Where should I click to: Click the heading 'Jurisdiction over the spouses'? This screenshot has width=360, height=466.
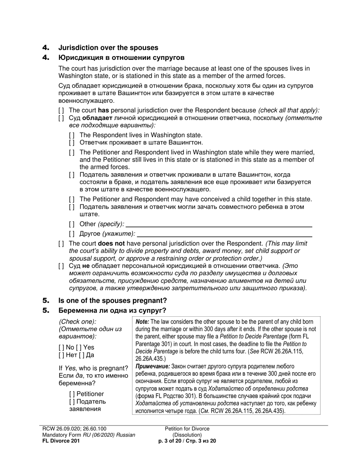tap(108, 48)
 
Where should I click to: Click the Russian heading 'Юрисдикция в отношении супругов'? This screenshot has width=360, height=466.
tap(121, 58)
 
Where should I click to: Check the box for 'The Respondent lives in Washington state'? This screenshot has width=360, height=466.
tap(72, 135)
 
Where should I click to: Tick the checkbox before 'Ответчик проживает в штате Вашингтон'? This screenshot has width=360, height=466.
tap(72, 142)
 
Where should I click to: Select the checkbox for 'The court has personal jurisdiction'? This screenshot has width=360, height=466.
tap(61, 110)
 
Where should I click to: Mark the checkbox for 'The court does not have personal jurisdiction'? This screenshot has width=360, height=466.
tap(61, 243)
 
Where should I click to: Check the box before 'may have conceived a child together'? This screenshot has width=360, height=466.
tap(72, 199)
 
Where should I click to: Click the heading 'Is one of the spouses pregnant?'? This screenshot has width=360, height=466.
tap(112, 300)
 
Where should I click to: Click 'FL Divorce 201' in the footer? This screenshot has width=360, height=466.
tap(61, 441)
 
